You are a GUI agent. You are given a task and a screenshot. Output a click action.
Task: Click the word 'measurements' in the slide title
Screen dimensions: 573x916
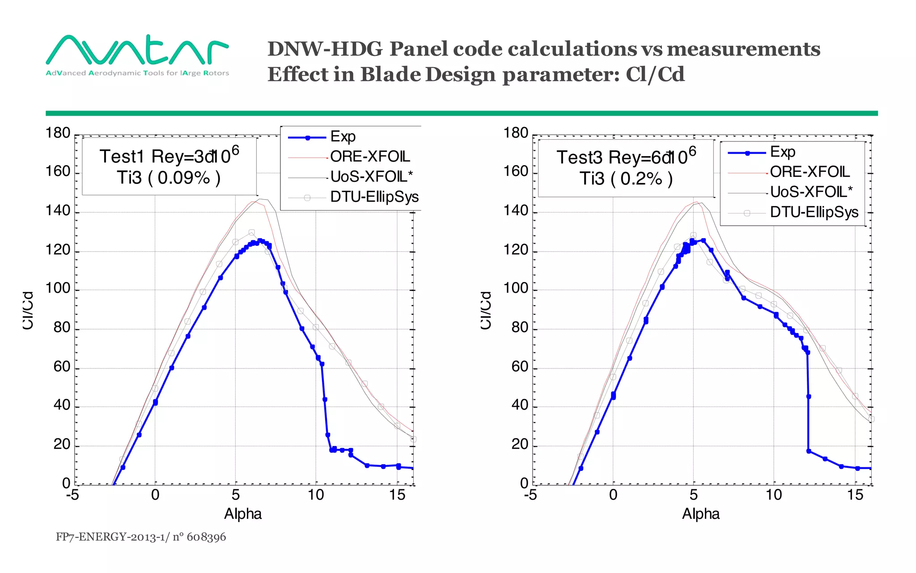tap(743, 49)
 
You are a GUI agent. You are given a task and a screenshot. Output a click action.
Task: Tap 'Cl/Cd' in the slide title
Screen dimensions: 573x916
tap(655, 74)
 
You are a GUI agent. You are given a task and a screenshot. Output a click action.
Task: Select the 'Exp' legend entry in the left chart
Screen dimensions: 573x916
tap(343, 137)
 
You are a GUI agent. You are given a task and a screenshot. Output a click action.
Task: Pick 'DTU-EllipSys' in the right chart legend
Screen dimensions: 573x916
tap(814, 212)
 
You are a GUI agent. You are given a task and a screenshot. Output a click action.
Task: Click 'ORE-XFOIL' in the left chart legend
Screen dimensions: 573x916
tap(370, 157)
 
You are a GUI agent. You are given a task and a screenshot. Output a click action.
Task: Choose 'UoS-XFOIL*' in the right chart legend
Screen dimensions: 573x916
tap(811, 192)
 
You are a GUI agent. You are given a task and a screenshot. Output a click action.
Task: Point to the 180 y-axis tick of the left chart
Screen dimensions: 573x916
tap(58, 133)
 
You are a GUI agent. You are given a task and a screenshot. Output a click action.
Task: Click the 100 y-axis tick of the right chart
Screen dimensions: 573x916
tap(516, 288)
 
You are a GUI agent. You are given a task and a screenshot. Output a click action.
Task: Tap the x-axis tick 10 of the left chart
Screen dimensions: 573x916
tap(316, 495)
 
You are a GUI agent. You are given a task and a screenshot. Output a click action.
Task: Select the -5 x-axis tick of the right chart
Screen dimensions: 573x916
tap(530, 495)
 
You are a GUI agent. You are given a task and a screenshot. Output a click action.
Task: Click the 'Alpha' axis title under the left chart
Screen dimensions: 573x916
tap(242, 514)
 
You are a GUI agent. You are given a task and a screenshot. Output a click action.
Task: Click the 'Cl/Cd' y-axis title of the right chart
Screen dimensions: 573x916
tap(486, 310)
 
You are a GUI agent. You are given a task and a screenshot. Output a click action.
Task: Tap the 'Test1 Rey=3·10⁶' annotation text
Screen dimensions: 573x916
tap(169, 156)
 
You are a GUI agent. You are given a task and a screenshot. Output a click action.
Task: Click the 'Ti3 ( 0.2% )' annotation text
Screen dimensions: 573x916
tap(626, 179)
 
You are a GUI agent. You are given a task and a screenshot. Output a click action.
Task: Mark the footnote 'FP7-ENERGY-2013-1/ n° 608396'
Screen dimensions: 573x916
tap(141, 537)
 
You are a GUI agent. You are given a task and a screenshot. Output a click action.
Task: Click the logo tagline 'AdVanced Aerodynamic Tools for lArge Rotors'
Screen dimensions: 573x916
tap(137, 73)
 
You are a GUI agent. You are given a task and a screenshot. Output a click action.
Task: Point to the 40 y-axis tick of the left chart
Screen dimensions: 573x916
tap(62, 405)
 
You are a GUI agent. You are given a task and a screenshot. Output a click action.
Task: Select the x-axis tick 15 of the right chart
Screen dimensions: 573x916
tap(855, 495)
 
